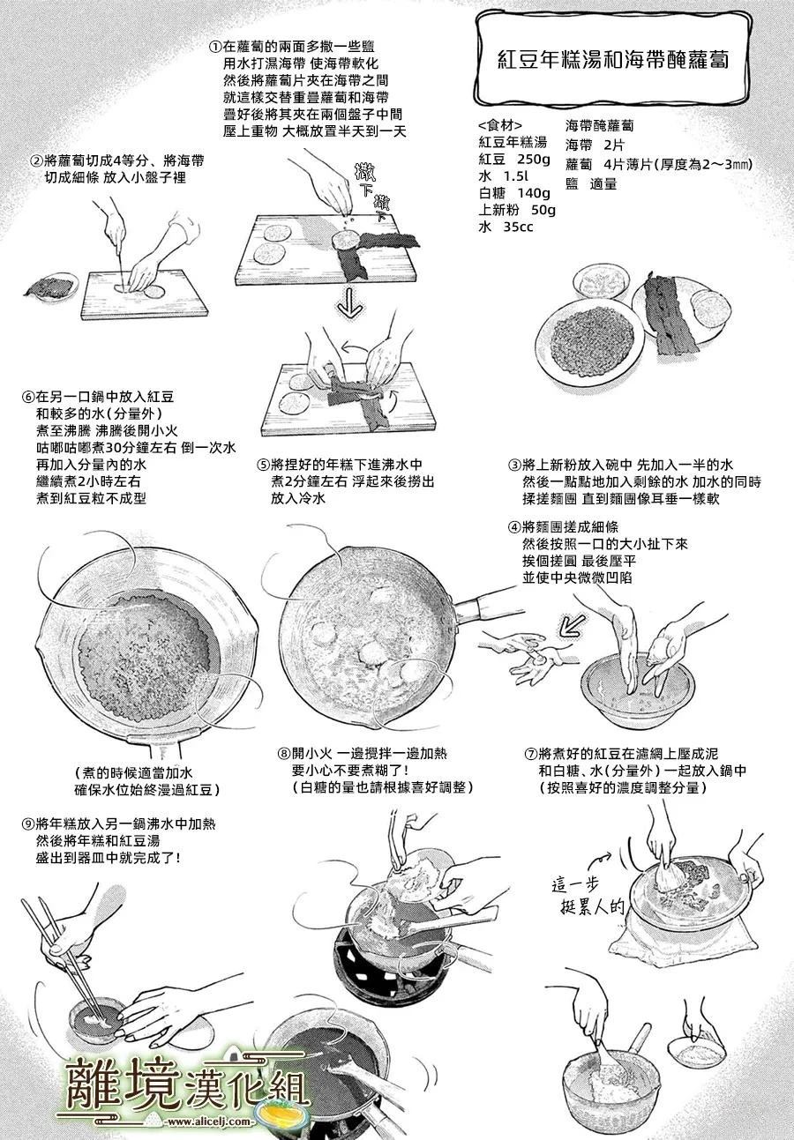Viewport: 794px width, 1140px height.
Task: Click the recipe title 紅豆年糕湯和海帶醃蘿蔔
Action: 612,60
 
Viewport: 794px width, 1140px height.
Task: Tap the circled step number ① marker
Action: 215,47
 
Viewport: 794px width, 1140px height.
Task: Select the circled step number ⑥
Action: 28,397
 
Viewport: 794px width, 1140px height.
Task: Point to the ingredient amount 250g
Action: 533,160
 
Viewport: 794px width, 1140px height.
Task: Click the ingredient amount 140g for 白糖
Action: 533,193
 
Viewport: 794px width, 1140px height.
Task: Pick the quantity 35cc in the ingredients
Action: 518,227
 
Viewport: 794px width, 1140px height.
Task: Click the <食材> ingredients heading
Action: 500,126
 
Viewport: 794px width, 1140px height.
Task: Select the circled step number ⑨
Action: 28,824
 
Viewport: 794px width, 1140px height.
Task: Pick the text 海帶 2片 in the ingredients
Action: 594,145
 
